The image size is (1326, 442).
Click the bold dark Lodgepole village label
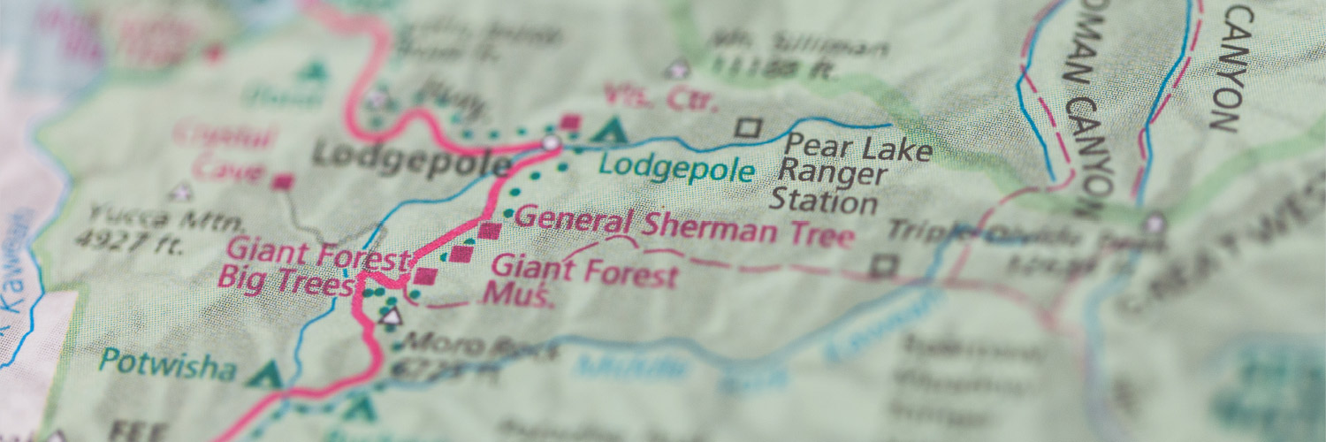pos(411,160)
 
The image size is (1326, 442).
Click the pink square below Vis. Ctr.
pos(570,123)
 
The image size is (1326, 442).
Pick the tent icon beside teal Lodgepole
pos(608,132)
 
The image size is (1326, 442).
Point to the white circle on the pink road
pos(551,142)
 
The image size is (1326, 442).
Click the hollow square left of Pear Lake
pos(748,128)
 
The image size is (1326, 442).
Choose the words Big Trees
pos(283,285)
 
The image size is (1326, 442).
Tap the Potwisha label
pos(168,363)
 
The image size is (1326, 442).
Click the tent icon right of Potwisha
pos(263,375)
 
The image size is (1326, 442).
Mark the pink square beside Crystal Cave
pos(282,182)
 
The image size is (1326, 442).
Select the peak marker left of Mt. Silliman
pos(678,69)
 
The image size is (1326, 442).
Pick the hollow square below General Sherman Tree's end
pos(883,265)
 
